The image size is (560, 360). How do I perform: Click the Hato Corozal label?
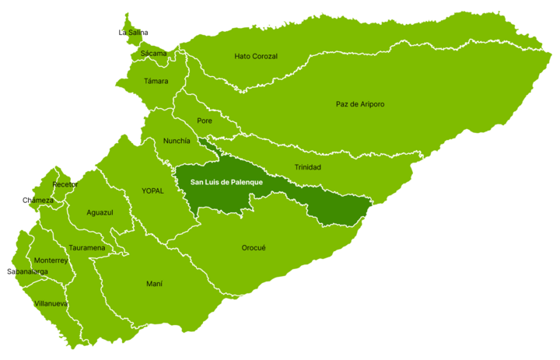[x=256, y=57]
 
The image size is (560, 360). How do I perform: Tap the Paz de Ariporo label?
[x=360, y=104]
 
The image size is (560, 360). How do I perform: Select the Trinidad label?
[x=307, y=167]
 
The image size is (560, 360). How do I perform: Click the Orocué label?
[x=254, y=248]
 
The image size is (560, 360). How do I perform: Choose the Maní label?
[x=154, y=284]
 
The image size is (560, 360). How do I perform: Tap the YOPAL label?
[x=152, y=190]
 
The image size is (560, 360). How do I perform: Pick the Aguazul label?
[x=100, y=212]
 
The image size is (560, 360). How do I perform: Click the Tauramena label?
[x=86, y=248]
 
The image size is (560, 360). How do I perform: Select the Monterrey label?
[x=51, y=260]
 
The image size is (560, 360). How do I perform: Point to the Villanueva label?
[x=51, y=303]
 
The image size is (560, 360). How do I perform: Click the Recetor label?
[x=65, y=184]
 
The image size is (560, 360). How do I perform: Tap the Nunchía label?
[x=177, y=141]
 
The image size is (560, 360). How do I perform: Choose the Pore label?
[x=205, y=121]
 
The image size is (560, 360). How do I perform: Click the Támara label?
[x=156, y=81]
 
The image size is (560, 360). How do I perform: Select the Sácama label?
[x=153, y=54]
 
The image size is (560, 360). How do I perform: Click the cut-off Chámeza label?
[x=40, y=201]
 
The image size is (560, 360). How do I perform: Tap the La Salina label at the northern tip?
[x=135, y=33]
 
